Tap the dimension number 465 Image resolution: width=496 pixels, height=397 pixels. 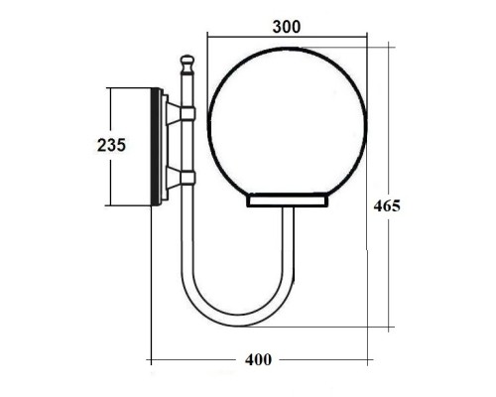pyautogui.click(x=387, y=206)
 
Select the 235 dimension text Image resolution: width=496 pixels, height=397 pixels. pyautogui.click(x=111, y=146)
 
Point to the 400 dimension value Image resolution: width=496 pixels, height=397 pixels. pyautogui.click(x=258, y=358)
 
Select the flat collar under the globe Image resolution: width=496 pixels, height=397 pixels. pyautogui.click(x=287, y=201)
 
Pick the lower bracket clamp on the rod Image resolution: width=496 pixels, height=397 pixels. pyautogui.click(x=184, y=177)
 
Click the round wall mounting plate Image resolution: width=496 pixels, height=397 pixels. pyautogui.click(x=156, y=147)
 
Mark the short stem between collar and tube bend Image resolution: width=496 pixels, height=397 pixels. pyautogui.click(x=288, y=233)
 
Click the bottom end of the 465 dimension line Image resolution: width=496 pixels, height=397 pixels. pyautogui.click(x=389, y=327)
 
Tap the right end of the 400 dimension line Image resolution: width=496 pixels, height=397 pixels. pyautogui.click(x=367, y=358)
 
